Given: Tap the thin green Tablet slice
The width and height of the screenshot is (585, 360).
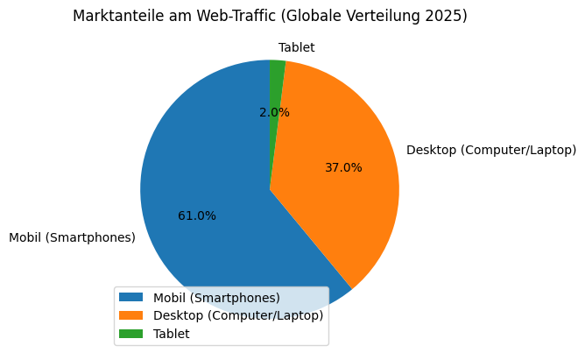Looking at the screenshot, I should pos(277,74).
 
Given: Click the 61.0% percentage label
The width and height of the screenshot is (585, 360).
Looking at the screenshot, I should pos(197,215).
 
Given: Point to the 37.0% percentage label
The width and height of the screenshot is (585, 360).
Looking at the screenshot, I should pos(343,167).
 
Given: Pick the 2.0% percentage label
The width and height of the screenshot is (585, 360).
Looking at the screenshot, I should pos(274,112).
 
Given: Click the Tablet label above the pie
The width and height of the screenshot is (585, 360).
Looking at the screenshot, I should pos(296,47).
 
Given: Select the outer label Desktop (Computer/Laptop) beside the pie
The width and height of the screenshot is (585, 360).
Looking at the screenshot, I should pos(491,150).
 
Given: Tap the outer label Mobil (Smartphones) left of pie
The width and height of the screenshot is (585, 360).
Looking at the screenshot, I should pos(72,237).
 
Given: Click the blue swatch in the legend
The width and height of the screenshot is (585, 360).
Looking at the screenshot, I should pos(132,298).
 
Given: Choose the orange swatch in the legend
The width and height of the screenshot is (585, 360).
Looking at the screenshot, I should pos(132,315).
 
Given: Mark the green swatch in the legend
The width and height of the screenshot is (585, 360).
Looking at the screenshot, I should pos(132,334).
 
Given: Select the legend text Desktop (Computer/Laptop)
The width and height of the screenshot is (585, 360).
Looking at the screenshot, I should pos(238,315).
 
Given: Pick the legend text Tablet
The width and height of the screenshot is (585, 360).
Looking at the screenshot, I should pos(171,334).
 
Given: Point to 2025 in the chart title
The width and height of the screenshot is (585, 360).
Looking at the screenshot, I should pos(444,17).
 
